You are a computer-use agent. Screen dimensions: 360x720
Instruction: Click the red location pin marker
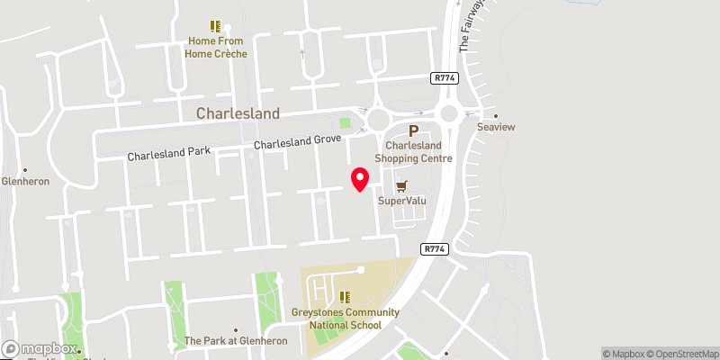click(360, 179)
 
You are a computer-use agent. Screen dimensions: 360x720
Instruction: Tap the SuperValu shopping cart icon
click(401, 185)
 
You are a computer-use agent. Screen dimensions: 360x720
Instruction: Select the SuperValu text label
click(401, 200)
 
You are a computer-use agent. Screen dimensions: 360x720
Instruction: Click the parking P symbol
click(415, 130)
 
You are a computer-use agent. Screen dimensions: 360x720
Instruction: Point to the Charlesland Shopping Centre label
click(418, 151)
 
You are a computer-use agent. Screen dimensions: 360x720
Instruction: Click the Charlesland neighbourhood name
click(238, 114)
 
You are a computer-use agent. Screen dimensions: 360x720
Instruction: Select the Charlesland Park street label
click(168, 155)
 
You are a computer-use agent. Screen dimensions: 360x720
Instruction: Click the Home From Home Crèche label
click(216, 47)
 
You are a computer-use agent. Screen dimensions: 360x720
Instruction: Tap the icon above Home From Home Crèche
click(215, 26)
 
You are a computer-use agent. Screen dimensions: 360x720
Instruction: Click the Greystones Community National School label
click(345, 318)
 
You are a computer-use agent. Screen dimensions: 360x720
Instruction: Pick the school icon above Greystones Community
click(344, 297)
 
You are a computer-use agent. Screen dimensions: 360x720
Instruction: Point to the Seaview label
click(496, 127)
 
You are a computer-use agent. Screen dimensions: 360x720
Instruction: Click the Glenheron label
click(25, 180)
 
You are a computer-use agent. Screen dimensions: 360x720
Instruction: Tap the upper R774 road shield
click(445, 78)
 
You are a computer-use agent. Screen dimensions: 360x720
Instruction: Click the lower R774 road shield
click(434, 247)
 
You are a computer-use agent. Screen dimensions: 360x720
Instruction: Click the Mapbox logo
click(40, 348)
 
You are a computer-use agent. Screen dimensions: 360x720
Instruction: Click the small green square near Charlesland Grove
click(345, 123)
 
